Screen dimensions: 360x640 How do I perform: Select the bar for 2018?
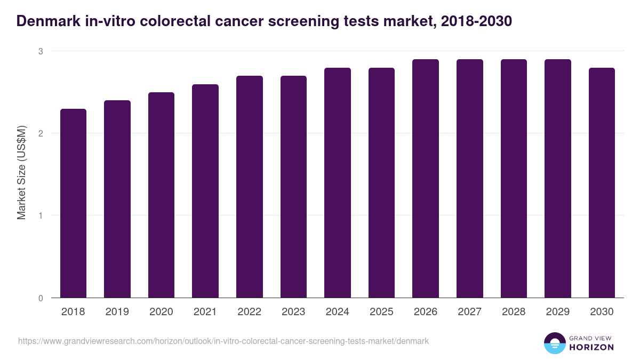coord(73,203)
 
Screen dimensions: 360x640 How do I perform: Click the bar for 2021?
coord(205,191)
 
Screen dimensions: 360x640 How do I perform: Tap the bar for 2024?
coord(338,183)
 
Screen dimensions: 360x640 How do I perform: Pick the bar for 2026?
coord(426,179)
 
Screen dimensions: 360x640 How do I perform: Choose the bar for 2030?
coord(602,183)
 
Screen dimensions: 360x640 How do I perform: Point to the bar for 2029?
coord(557,179)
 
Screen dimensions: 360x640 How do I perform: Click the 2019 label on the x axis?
coord(117,312)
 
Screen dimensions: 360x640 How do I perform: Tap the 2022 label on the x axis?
coord(250,312)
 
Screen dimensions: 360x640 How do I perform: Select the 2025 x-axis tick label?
coord(381,312)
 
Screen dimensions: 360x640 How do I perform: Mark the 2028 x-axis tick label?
coord(514,312)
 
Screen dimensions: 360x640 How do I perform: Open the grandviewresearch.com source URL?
coord(223,341)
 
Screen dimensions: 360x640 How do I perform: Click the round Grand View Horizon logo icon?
coord(555,343)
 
